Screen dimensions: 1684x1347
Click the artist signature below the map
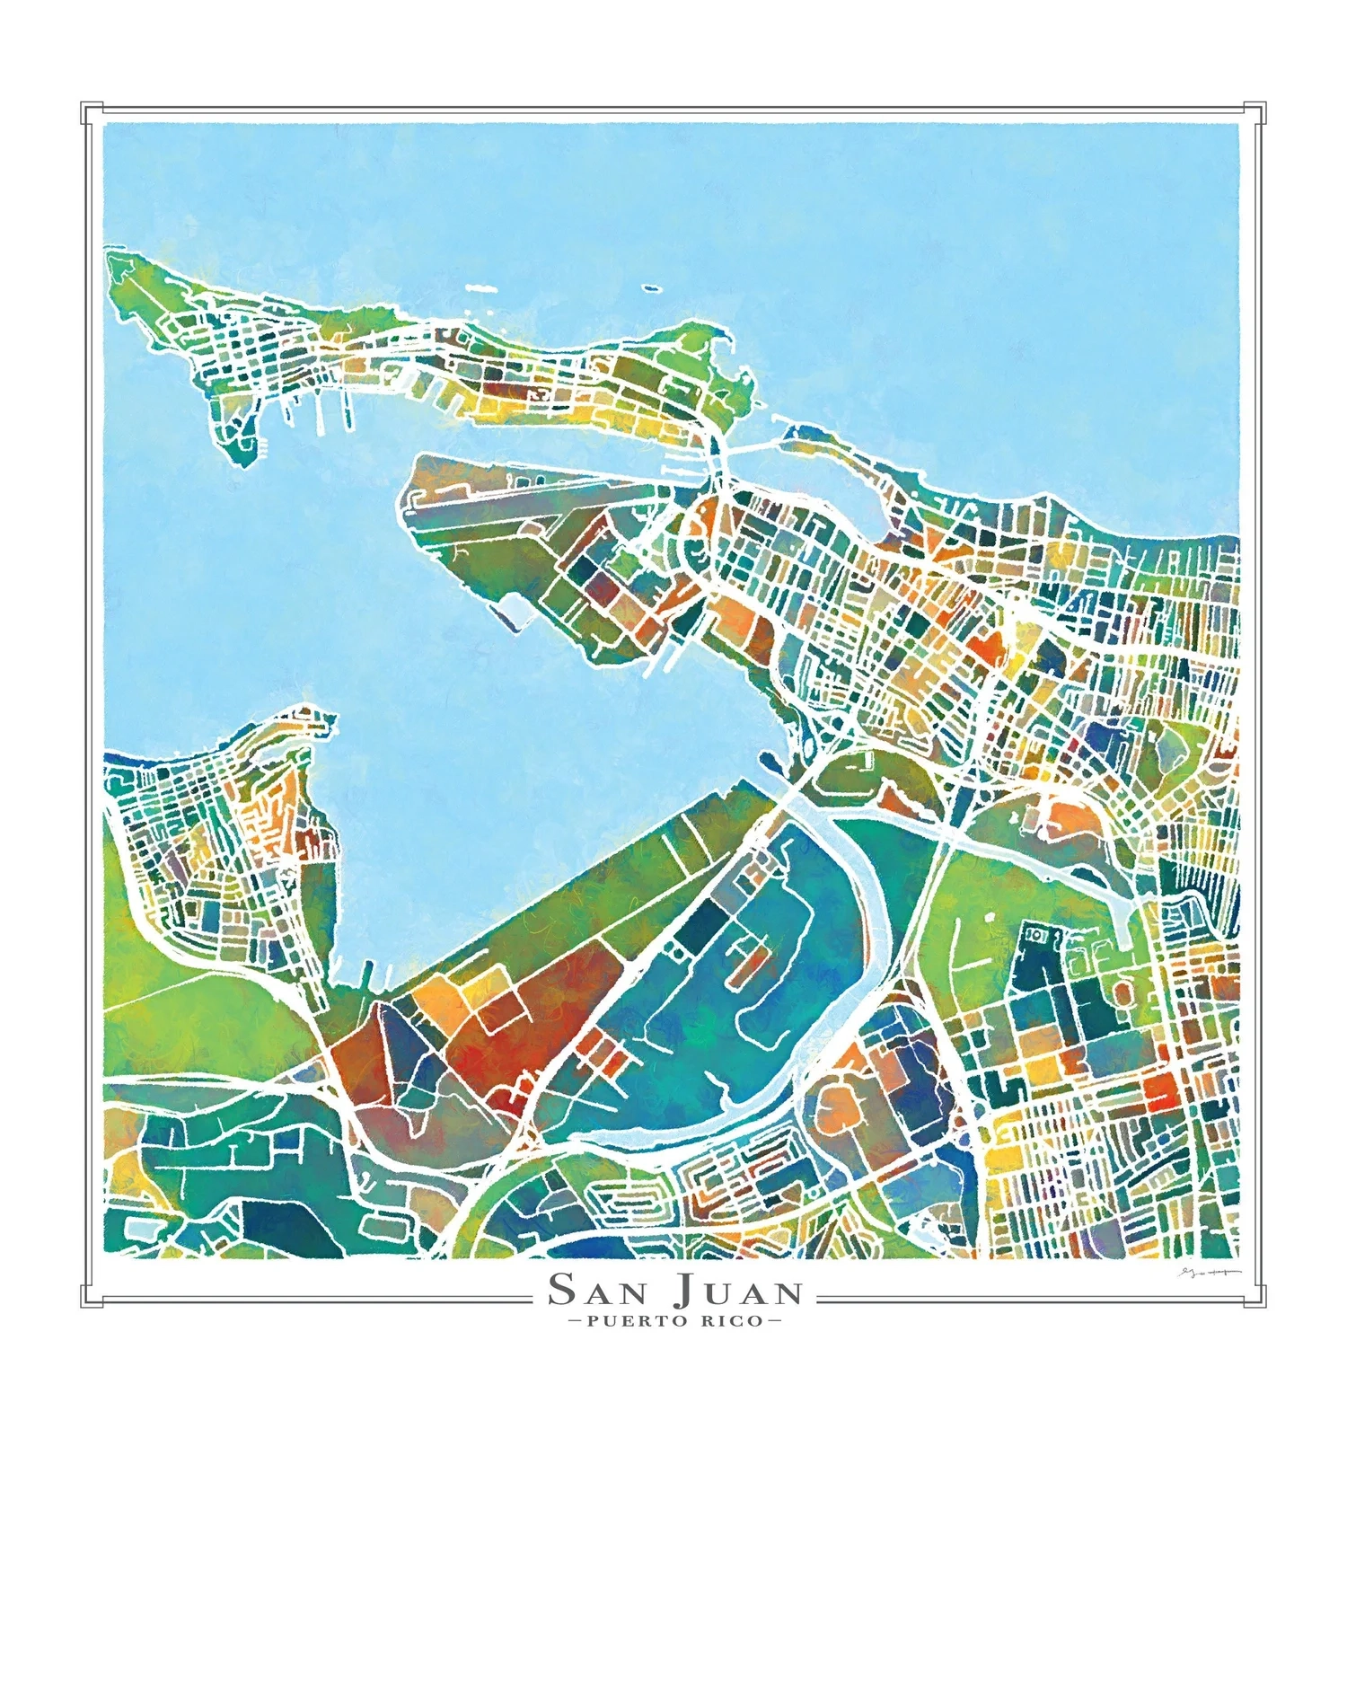tap(1208, 1274)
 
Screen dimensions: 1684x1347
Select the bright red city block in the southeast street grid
tap(1160, 1089)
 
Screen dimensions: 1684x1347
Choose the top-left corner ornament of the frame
tap(91, 113)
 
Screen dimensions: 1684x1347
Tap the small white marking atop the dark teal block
tap(1035, 935)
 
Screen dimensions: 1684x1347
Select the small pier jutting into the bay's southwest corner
tap(367, 972)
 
